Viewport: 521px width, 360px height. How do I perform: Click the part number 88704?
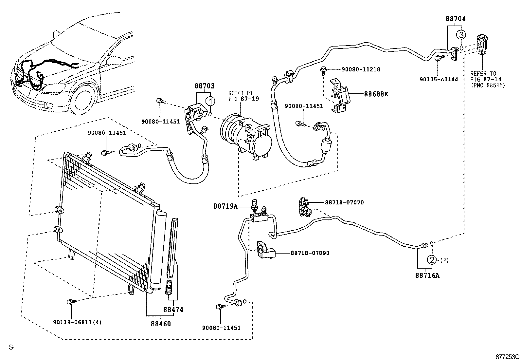point(456,19)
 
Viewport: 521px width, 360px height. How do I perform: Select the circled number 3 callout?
point(461,34)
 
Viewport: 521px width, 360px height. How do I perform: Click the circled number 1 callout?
point(210,100)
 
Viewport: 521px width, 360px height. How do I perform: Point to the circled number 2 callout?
point(432,260)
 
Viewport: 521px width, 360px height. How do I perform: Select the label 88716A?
point(427,275)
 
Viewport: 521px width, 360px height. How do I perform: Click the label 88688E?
point(376,94)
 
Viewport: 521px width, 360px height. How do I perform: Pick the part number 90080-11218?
point(361,69)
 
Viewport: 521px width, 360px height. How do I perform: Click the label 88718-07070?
point(344,202)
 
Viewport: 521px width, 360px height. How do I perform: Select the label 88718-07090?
point(310,253)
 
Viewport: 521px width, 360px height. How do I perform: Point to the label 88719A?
point(225,206)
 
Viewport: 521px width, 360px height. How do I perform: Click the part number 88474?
point(173,310)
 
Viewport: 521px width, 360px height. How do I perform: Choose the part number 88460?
point(161,324)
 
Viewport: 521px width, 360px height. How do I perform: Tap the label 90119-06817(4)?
point(77,322)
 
